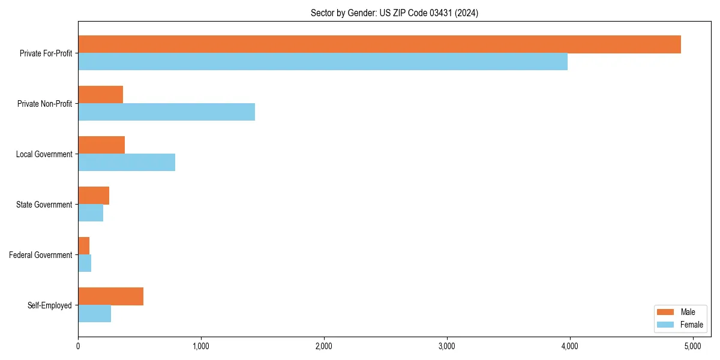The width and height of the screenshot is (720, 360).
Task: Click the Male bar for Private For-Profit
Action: (x=379, y=44)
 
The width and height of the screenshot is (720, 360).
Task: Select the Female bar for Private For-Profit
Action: (x=323, y=61)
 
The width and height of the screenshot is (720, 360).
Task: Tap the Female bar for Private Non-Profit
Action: (x=166, y=112)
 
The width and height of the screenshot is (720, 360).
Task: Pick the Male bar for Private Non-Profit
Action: (x=100, y=95)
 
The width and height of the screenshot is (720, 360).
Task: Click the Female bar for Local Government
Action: (x=127, y=162)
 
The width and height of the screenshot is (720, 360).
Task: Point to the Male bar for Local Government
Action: (x=101, y=145)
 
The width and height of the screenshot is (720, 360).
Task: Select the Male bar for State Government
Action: (x=94, y=196)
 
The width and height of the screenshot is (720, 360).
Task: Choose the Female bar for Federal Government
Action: (x=85, y=263)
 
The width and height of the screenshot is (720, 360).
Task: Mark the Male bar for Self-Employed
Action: (x=110, y=296)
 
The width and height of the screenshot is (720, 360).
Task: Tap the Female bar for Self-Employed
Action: (x=94, y=313)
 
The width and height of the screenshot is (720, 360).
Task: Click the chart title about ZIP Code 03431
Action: (x=394, y=13)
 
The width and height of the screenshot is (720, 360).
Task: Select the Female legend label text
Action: (x=691, y=325)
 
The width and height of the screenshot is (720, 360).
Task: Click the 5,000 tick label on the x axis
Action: (x=693, y=346)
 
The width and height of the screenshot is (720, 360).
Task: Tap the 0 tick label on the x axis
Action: (x=78, y=346)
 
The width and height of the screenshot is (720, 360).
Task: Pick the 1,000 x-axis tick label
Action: (x=201, y=346)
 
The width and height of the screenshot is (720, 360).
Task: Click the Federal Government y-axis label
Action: (x=41, y=255)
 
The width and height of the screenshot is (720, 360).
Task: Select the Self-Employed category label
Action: (x=50, y=305)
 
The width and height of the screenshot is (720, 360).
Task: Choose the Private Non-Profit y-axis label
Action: (x=44, y=104)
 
